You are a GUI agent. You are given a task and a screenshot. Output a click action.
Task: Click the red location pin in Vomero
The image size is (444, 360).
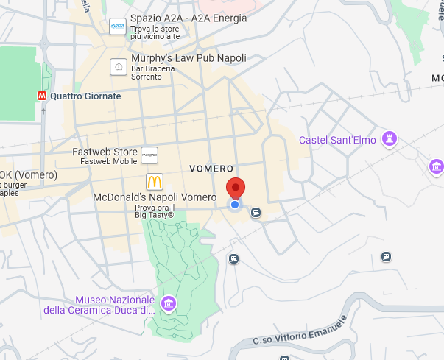[x=235, y=188]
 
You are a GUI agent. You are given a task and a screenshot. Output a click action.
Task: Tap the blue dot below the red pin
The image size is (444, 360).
[x=235, y=205]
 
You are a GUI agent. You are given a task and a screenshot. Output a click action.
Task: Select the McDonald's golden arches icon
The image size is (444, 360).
[x=154, y=182]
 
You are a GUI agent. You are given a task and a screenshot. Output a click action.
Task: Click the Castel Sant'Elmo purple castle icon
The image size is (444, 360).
[x=390, y=139]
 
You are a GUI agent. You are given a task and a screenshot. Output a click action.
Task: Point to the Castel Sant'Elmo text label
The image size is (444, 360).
[x=338, y=140]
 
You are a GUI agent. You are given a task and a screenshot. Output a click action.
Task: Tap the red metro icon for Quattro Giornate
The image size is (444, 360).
[x=42, y=96]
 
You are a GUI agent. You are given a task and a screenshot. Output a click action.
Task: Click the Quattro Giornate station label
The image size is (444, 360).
[x=85, y=96]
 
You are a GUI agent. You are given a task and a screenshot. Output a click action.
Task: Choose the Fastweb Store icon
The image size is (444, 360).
[x=149, y=155]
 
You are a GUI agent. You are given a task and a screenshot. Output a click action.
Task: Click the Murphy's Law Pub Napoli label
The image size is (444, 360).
[x=188, y=58]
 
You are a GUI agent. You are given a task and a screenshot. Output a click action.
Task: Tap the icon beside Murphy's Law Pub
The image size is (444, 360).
[x=117, y=66]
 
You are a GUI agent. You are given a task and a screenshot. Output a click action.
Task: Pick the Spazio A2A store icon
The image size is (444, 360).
[x=117, y=27]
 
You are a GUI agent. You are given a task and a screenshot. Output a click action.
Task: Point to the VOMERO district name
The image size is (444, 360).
[x=211, y=169]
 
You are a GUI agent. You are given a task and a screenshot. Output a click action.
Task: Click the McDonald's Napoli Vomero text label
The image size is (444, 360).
[x=155, y=197]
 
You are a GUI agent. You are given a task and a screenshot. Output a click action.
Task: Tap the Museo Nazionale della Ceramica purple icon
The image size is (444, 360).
[x=169, y=303]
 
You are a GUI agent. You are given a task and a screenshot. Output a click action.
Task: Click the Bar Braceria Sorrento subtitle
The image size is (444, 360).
[x=153, y=72]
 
